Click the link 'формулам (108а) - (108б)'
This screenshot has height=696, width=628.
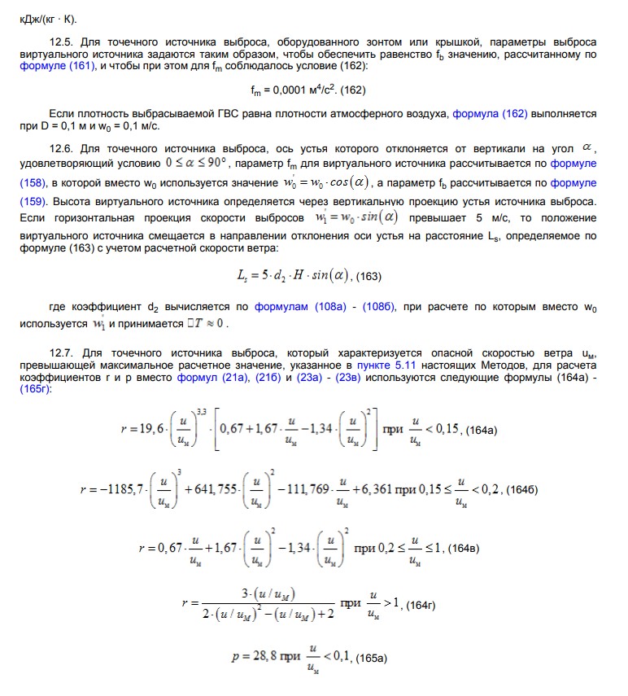click(325, 309)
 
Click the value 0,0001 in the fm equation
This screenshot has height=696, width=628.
click(282, 90)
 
